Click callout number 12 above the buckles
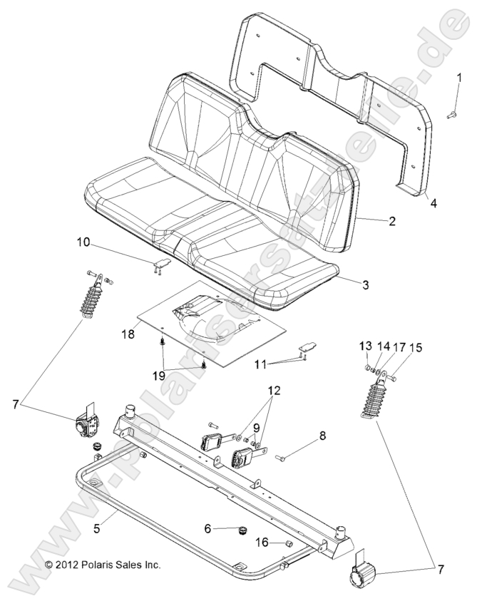coord(275,391)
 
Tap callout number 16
coord(262,543)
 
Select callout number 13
coord(364,346)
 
